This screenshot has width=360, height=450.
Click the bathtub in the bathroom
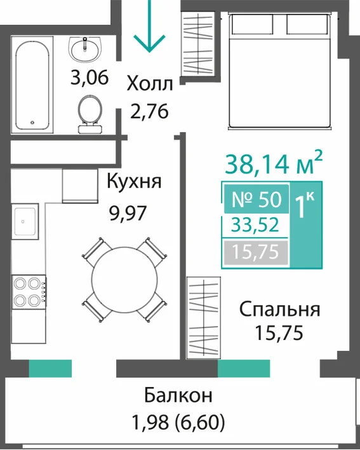tap(32, 85)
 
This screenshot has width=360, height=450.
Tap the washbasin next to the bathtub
tap(85, 50)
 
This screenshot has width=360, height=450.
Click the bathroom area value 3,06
tap(90, 78)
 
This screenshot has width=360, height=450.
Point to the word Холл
tap(150, 84)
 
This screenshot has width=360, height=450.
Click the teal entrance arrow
tap(149, 27)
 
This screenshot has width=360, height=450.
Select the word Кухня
tap(134, 181)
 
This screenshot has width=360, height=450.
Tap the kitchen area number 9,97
tap(128, 213)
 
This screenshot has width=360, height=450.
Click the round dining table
tap(124, 278)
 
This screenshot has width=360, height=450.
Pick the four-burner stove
tap(29, 292)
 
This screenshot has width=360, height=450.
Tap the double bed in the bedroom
tap(279, 71)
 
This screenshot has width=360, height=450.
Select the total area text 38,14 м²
tap(274, 163)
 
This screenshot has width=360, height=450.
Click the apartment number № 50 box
tap(257, 198)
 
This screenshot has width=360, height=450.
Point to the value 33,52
tap(255, 225)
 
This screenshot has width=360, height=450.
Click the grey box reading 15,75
tap(256, 252)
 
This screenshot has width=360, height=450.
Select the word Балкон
tap(178, 395)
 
